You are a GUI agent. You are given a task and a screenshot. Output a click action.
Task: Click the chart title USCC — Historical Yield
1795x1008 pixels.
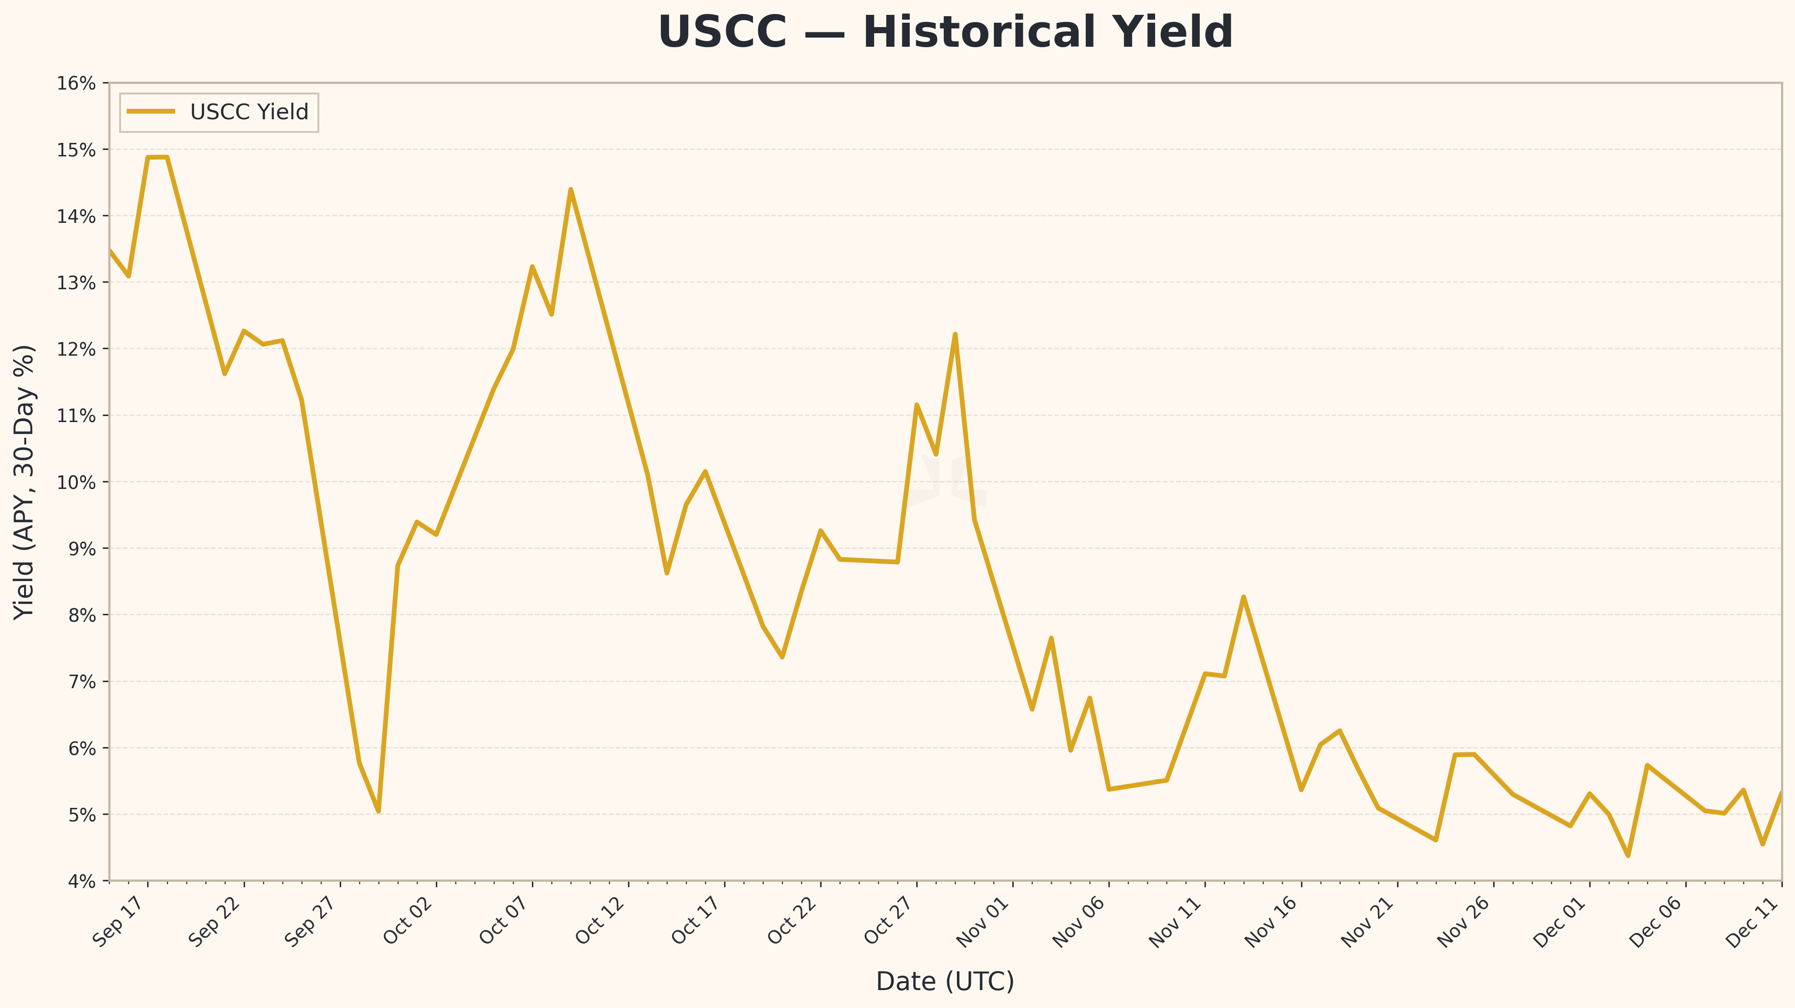pyautogui.click(x=945, y=33)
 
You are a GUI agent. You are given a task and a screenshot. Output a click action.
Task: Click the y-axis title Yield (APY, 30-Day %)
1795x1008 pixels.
pyautogui.click(x=24, y=482)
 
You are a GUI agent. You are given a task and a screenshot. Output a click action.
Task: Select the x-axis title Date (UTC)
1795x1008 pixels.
pyautogui.click(x=945, y=981)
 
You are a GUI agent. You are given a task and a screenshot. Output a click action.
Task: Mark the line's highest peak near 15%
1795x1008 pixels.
pyautogui.click(x=158, y=158)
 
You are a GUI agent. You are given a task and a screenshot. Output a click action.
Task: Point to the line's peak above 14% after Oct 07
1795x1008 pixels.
pyautogui.click(x=571, y=190)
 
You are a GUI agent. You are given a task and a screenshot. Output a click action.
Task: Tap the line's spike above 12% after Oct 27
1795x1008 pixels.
pyautogui.click(x=955, y=335)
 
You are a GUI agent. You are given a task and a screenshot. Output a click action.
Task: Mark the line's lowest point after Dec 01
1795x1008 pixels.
pyautogui.click(x=1628, y=856)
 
